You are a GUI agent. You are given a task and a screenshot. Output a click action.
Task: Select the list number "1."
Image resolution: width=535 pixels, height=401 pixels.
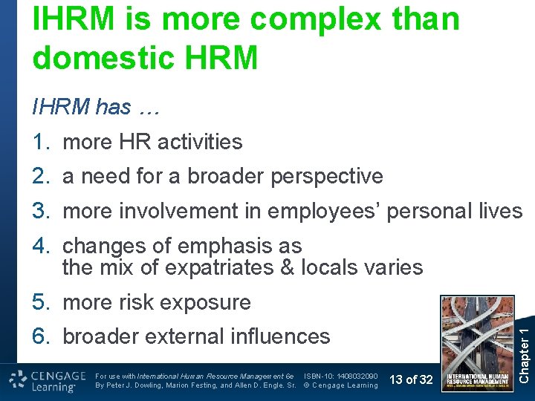(x=42, y=142)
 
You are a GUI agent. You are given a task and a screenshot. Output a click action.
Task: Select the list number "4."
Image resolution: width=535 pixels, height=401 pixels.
(x=42, y=246)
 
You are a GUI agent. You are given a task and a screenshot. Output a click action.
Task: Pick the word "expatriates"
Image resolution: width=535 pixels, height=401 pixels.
(x=213, y=267)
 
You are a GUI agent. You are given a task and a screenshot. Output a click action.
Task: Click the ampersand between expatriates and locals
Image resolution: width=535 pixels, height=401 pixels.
(x=287, y=267)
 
